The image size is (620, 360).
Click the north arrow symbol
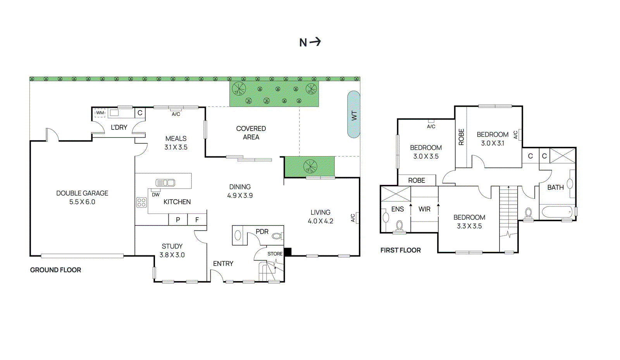tap(315, 41)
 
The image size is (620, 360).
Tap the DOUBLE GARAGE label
tap(82, 193)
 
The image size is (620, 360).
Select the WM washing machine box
tap(100, 113)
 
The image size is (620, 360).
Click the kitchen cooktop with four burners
tap(141, 202)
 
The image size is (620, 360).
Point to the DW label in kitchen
tap(155, 195)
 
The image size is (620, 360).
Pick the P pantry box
tap(178, 219)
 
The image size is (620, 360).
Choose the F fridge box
tap(197, 219)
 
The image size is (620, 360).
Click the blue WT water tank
tap(353, 115)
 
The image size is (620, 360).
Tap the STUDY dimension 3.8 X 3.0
tap(172, 255)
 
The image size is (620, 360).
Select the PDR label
tap(262, 231)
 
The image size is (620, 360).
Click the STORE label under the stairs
tap(275, 254)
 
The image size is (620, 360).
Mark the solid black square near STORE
tap(288, 252)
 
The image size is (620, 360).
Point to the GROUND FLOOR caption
tap(55, 270)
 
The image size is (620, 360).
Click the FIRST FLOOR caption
tap(400, 250)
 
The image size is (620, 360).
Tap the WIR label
tap(424, 209)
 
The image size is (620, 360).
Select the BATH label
tap(555, 187)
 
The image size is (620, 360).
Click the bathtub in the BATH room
tap(557, 212)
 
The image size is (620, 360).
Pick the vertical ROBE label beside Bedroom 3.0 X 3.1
tap(461, 137)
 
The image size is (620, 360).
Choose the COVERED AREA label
tap(251, 133)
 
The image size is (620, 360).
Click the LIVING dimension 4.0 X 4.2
tap(320, 221)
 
